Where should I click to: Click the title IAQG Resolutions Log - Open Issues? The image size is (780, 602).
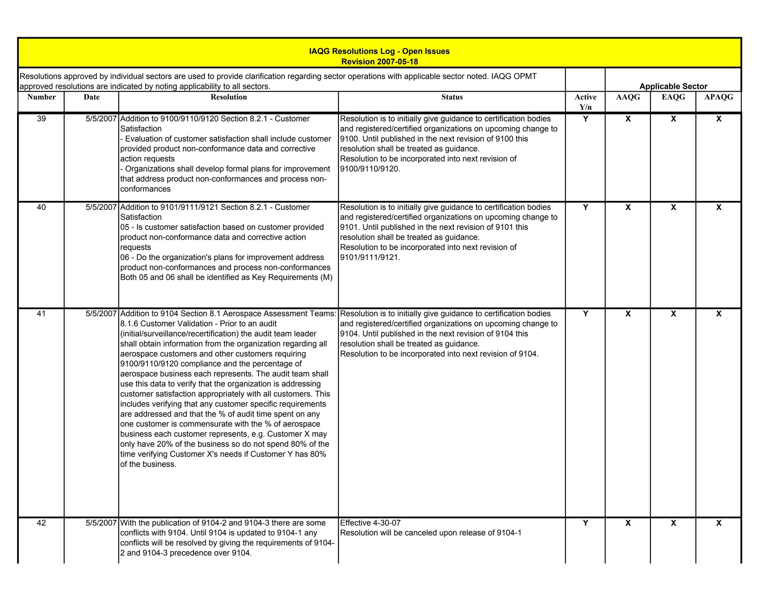pyautogui.click(x=379, y=51)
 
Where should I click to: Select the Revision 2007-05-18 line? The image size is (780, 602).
pyautogui.click(x=379, y=62)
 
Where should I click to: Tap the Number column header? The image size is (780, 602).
pyautogui.click(x=42, y=97)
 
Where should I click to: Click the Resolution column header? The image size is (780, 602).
pyautogui.click(x=229, y=97)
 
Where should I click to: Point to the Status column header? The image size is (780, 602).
pyautogui.click(x=452, y=97)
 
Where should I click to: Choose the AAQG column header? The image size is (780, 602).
pyautogui.click(x=628, y=97)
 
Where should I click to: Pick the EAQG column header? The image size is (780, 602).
pyautogui.click(x=673, y=97)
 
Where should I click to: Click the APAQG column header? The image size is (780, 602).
pyautogui.click(x=718, y=97)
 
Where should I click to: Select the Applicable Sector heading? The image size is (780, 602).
pyautogui.click(x=673, y=86)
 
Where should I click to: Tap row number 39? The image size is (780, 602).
pyautogui.click(x=42, y=119)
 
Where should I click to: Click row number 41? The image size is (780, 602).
pyautogui.click(x=42, y=314)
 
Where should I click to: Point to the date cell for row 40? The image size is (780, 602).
pyautogui.click(x=101, y=207)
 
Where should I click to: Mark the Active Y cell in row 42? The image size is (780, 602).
pyautogui.click(x=585, y=523)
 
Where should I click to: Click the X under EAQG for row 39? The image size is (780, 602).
pyautogui.click(x=673, y=119)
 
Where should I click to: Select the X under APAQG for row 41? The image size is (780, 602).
pyautogui.click(x=718, y=314)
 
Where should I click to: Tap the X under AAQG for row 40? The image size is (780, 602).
pyautogui.click(x=628, y=207)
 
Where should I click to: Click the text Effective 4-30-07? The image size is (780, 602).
pyautogui.click(x=370, y=523)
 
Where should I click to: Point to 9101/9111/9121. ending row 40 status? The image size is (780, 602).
pyautogui.click(x=370, y=257)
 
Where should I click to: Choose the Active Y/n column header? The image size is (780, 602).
pyautogui.click(x=585, y=102)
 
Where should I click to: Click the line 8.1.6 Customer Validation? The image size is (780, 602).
pyautogui.click(x=198, y=324)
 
